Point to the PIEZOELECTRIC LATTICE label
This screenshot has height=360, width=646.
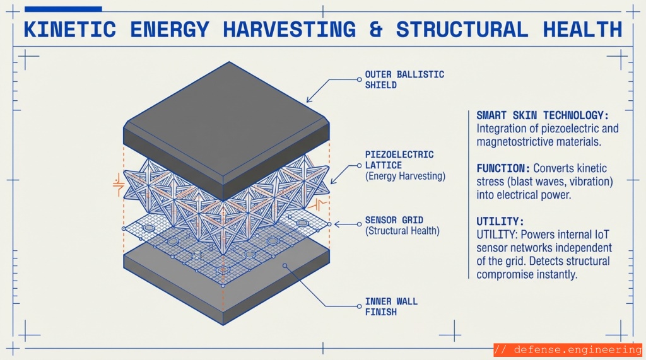click(399, 159)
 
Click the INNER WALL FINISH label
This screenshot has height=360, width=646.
click(391, 306)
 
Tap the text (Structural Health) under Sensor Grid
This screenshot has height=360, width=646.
click(402, 231)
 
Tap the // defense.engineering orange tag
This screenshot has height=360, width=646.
click(567, 350)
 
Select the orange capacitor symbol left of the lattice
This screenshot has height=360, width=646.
click(118, 184)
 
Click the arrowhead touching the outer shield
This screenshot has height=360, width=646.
click(308, 100)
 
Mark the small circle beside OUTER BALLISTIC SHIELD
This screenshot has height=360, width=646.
click(360, 79)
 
